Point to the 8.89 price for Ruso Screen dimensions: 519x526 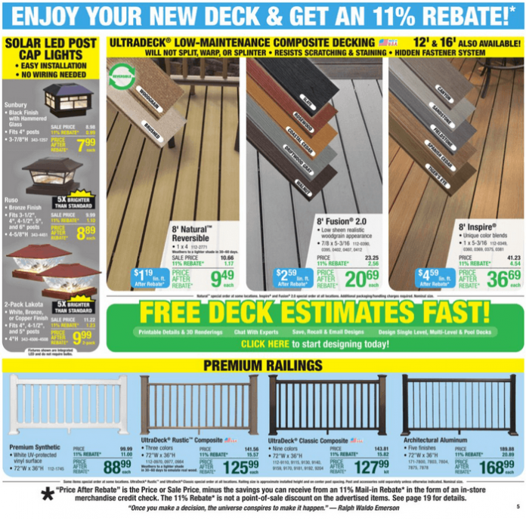[x=85, y=233]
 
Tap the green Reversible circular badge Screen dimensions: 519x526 [x=121, y=76]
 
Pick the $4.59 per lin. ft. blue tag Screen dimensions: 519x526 [x=429, y=278]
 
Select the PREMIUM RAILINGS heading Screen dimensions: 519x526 [x=262, y=366]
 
